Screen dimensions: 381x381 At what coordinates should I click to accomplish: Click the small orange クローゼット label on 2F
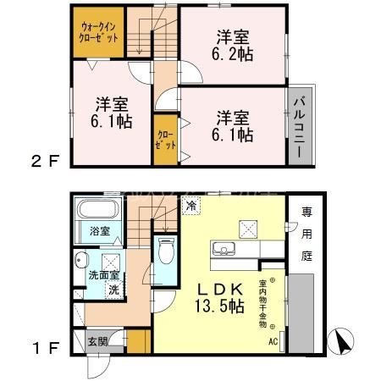pyautogui.click(x=166, y=140)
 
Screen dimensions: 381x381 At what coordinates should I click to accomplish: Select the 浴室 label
pyautogui.click(x=100, y=230)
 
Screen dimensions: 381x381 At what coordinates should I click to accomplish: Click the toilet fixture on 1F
pyautogui.click(x=166, y=251)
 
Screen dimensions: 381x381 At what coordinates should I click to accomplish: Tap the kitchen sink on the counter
pyautogui.click(x=224, y=248)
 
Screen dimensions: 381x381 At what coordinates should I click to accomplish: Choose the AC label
pyautogui.click(x=273, y=342)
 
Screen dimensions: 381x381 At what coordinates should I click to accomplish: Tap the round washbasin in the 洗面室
pyautogui.click(x=81, y=260)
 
